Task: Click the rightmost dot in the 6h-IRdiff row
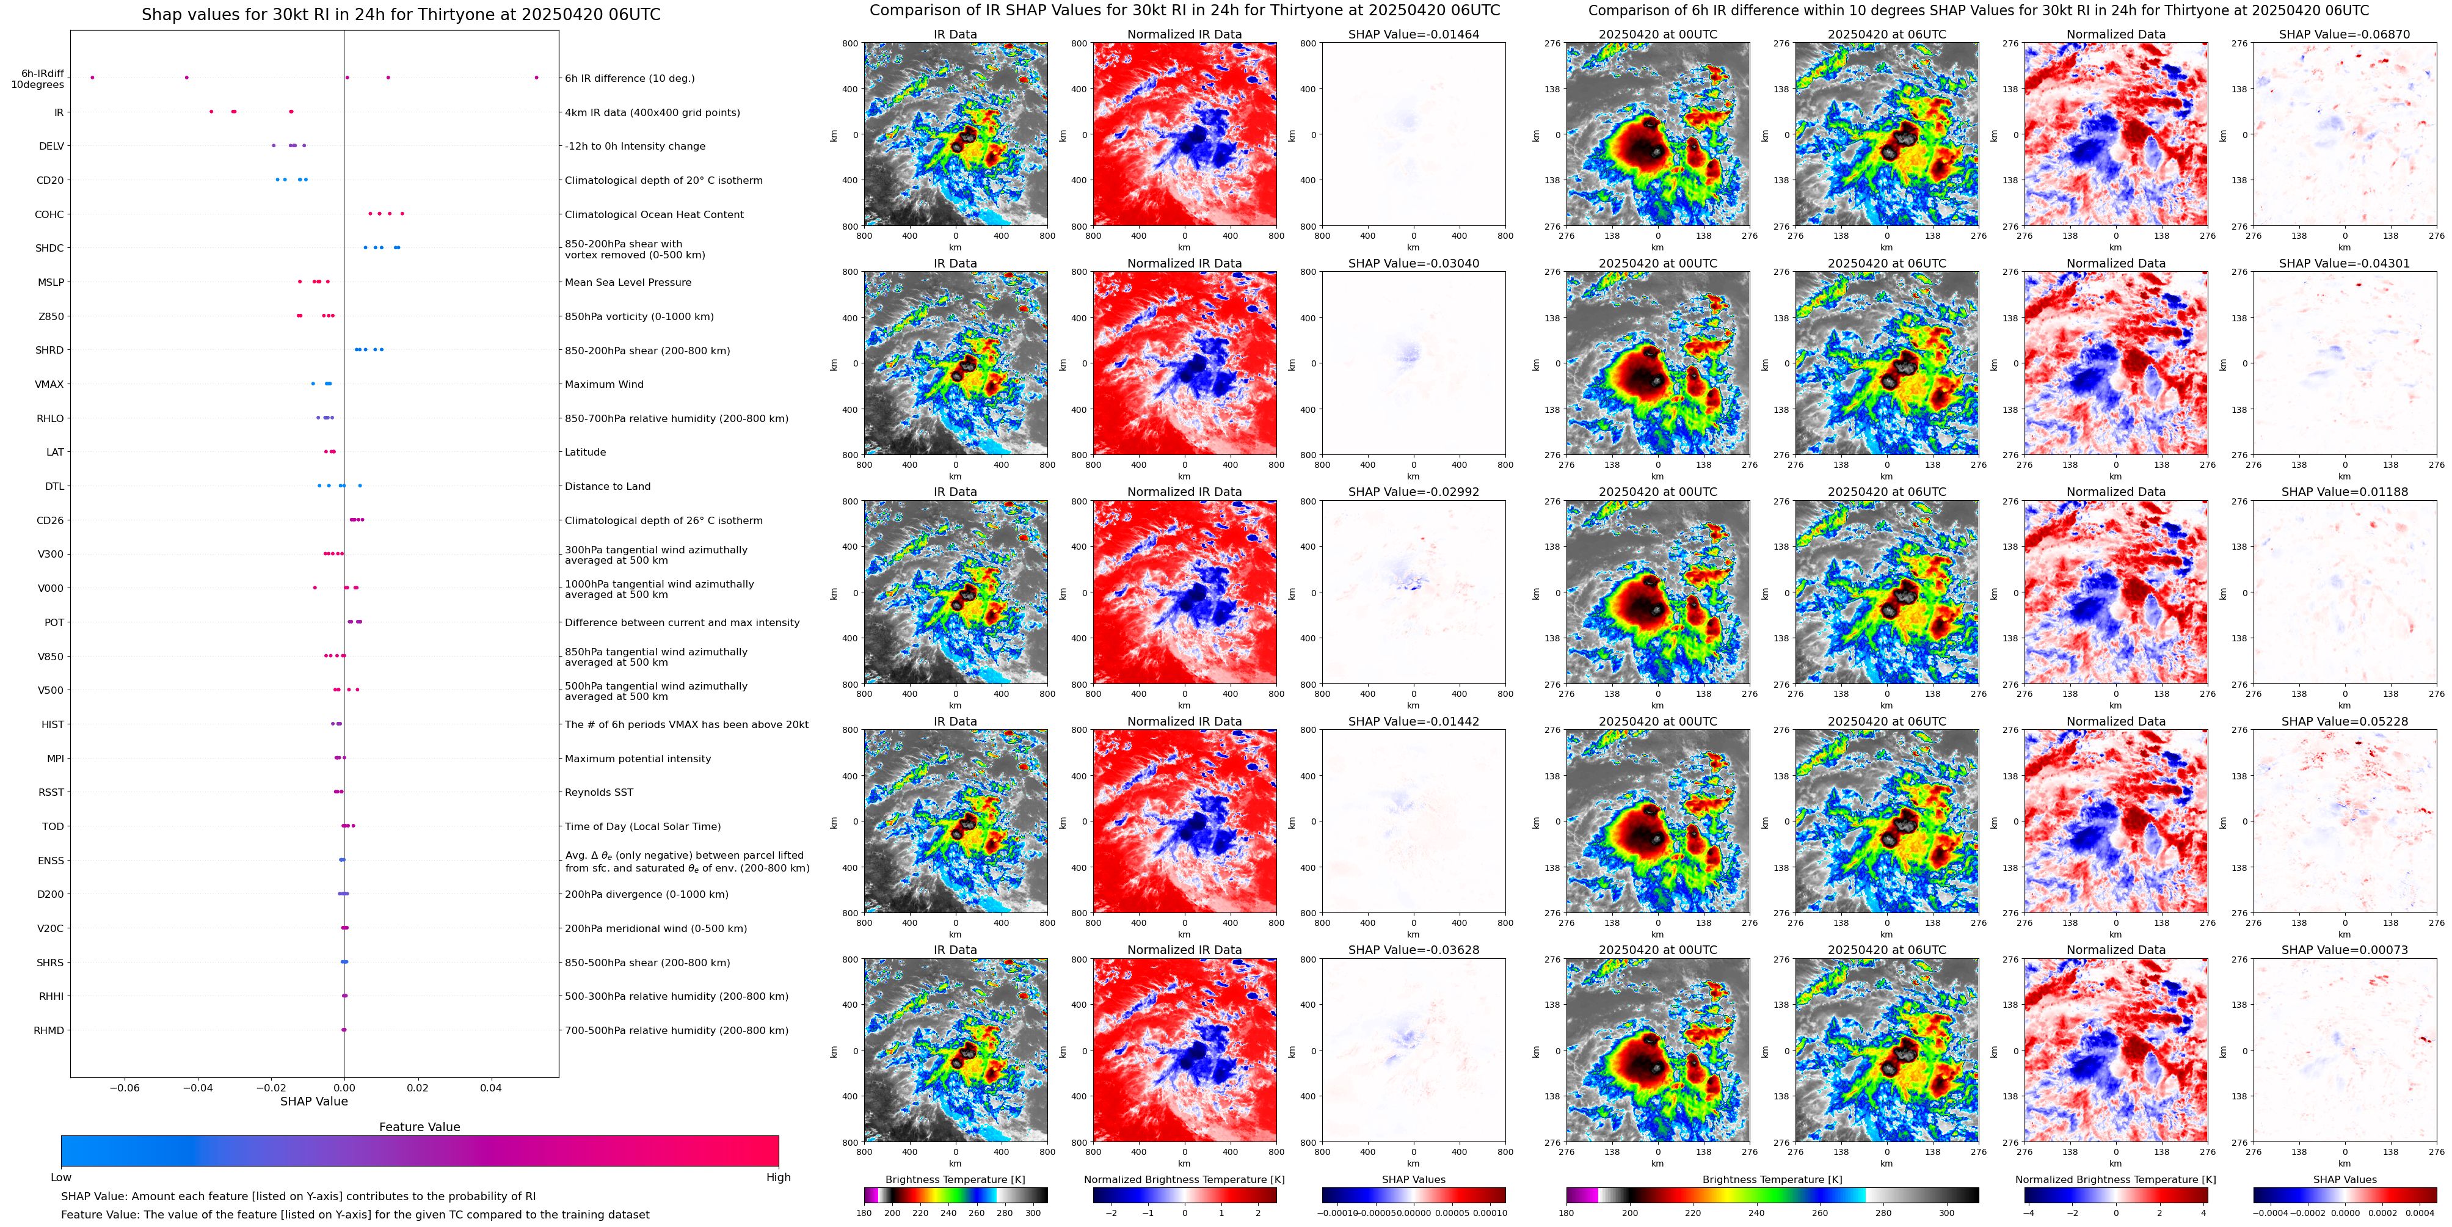coord(537,77)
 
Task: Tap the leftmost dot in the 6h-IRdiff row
coord(92,77)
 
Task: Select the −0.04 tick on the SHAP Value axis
coord(198,1087)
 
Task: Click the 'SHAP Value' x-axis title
coord(314,1101)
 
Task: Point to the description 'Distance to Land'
coord(607,486)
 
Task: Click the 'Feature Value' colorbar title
coord(419,1127)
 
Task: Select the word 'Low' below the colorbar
coord(61,1178)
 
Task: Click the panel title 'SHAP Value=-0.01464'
coord(1414,34)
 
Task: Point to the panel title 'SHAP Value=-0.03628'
coord(1414,950)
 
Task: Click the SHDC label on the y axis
coord(49,249)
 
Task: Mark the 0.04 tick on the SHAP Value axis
coord(490,1087)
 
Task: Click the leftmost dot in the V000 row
coord(315,588)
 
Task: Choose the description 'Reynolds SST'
coord(598,792)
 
